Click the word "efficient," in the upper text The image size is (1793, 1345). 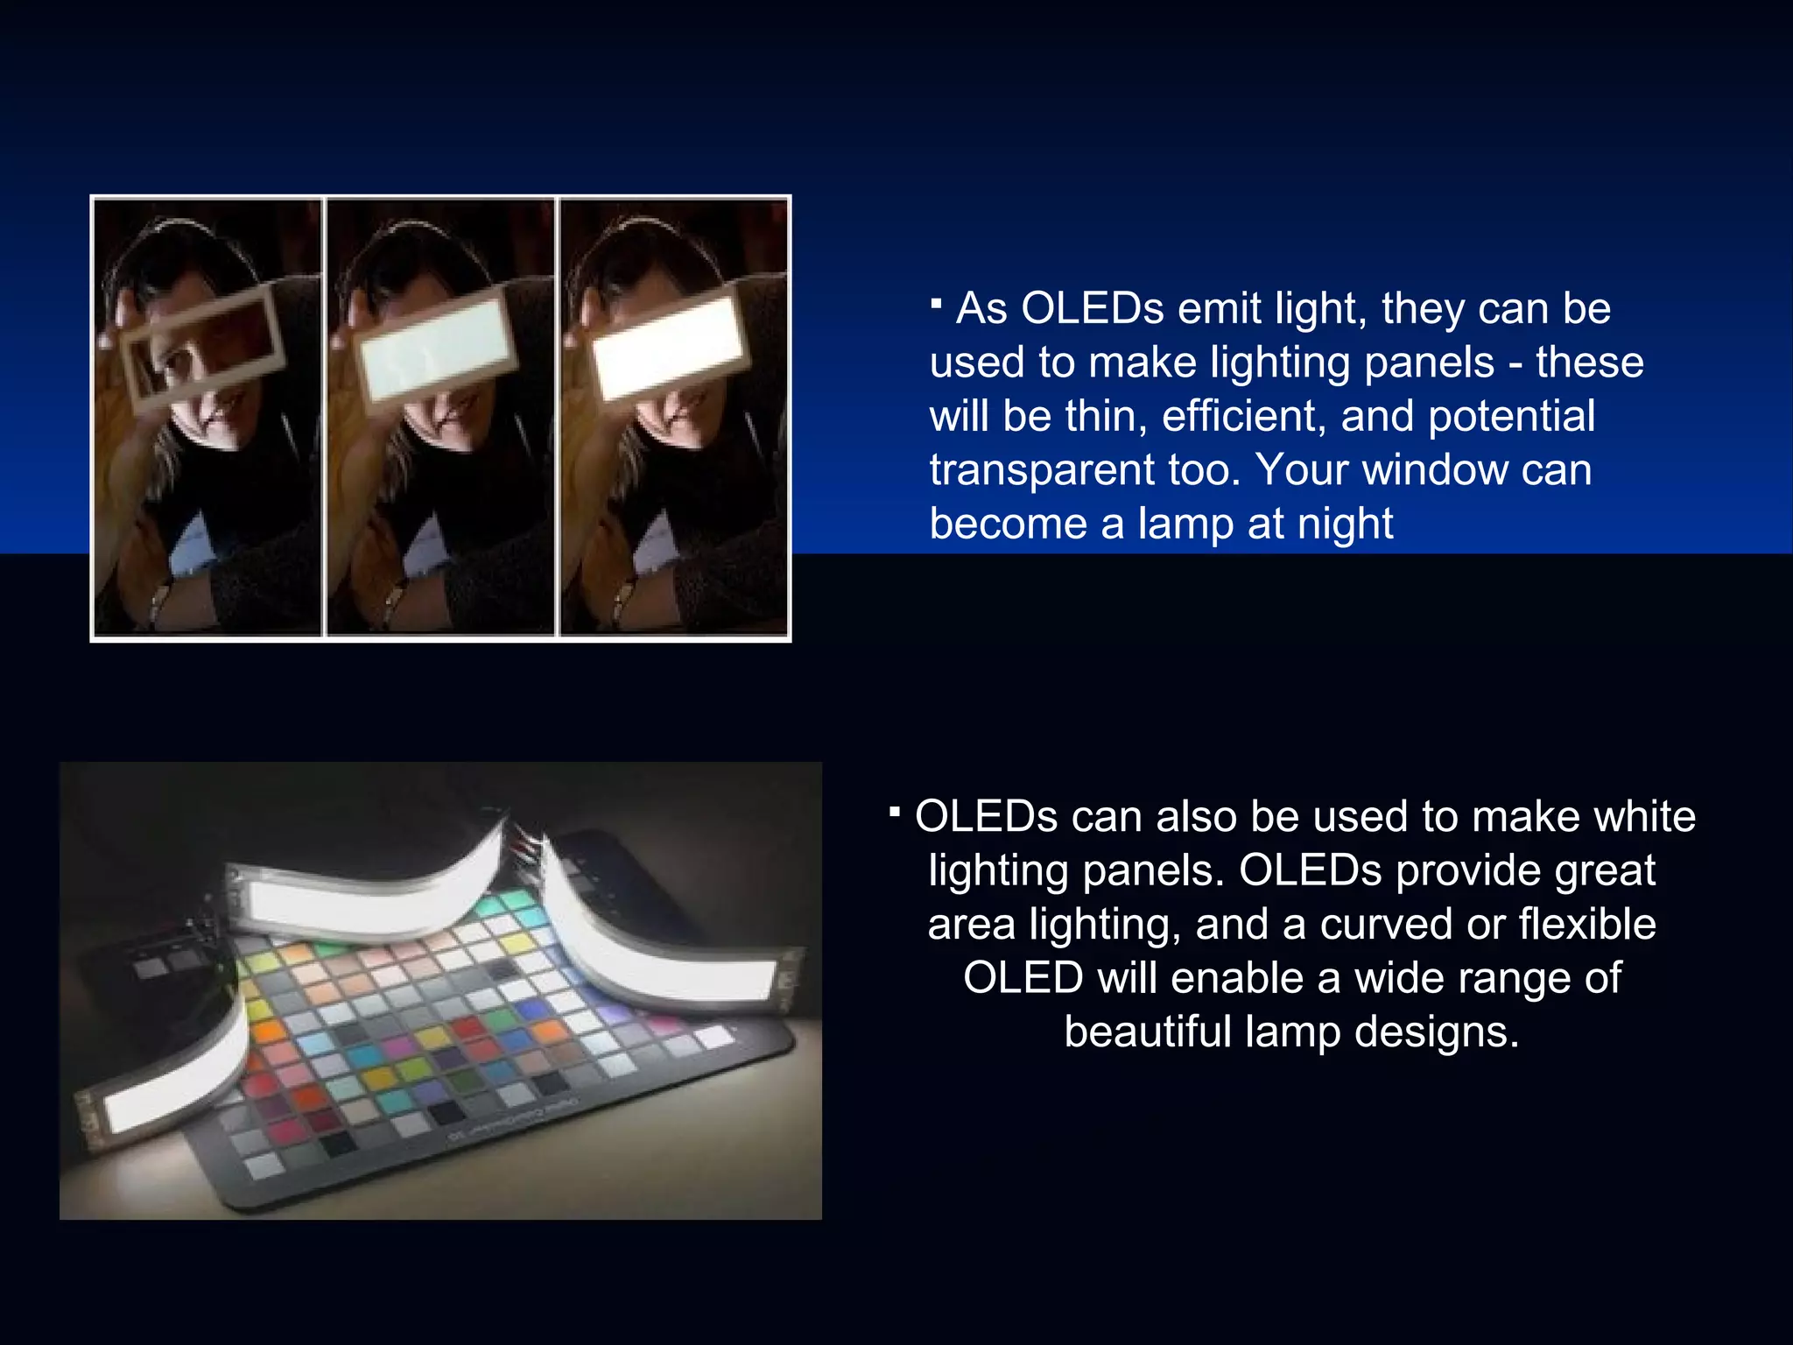click(x=1244, y=417)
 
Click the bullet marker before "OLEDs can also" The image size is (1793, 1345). click(x=894, y=813)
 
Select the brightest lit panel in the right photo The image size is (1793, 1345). click(x=668, y=346)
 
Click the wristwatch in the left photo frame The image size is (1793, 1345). click(x=161, y=602)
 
